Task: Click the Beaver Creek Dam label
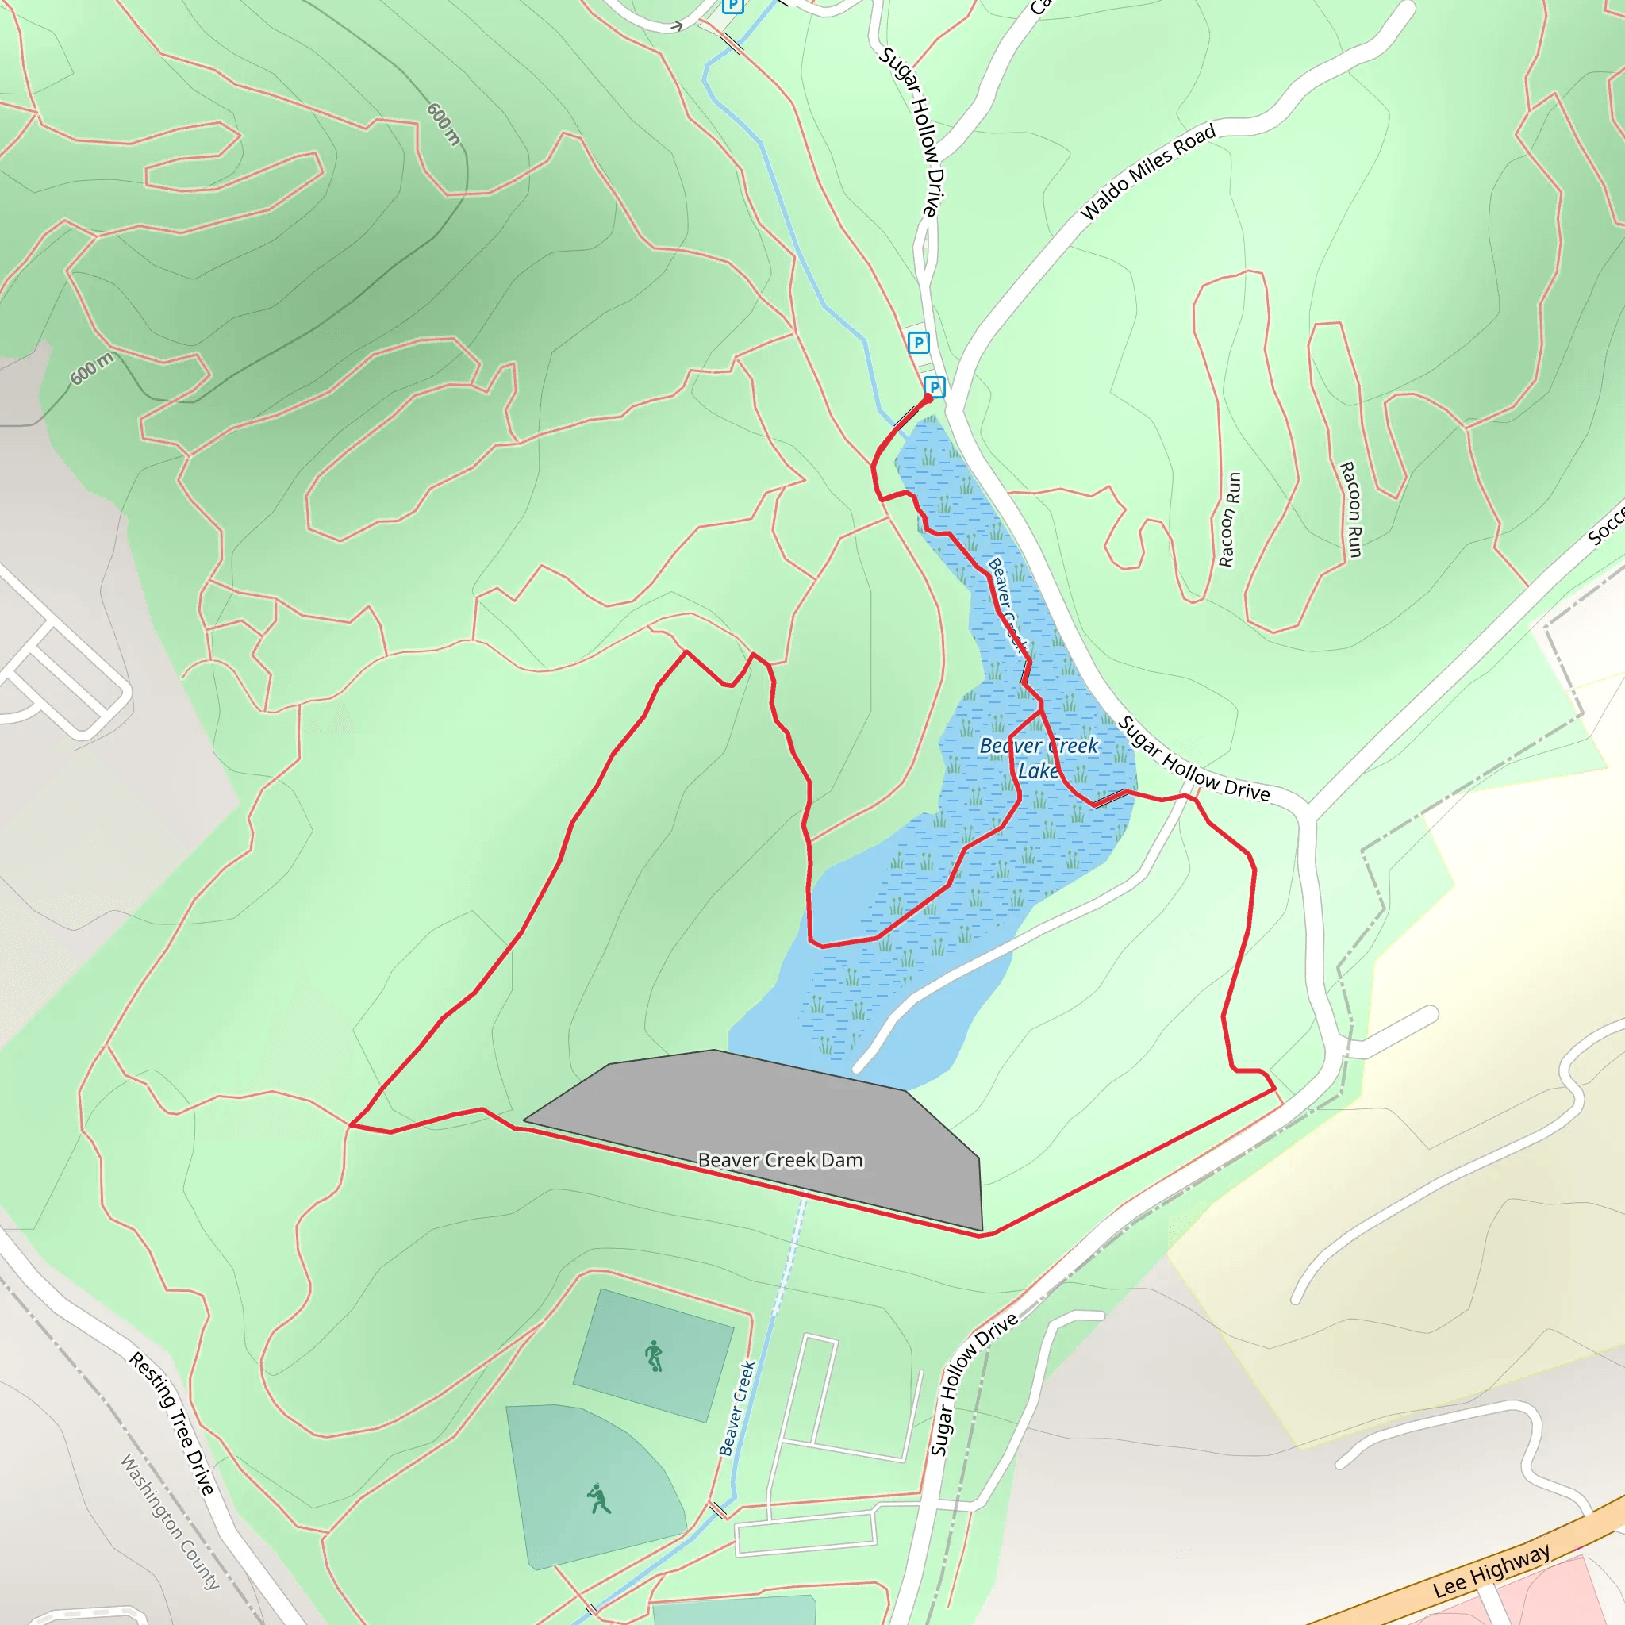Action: [x=780, y=1160]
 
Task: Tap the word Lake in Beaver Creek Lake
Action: [x=1038, y=770]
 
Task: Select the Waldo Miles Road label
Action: [x=1147, y=171]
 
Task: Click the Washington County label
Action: [x=170, y=1523]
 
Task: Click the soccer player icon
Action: [x=654, y=1357]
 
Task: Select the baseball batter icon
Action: [x=598, y=1498]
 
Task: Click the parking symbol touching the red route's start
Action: [x=934, y=387]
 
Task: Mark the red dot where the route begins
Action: [x=928, y=398]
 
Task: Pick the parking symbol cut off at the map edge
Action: [x=733, y=6]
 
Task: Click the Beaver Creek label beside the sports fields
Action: [x=737, y=1408]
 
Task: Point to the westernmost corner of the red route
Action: [x=350, y=1124]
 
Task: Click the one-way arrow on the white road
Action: [x=674, y=26]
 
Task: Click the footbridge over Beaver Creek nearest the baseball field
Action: [x=718, y=1532]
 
